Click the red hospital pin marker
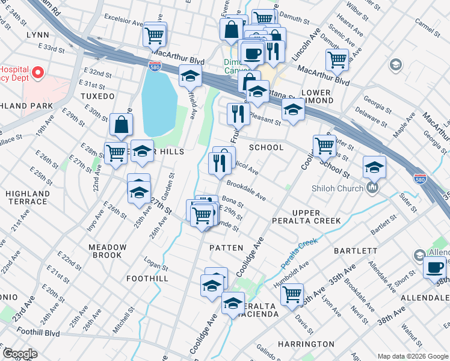[37, 73]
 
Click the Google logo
[20, 354]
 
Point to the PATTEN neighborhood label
[226, 248]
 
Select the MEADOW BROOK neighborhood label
[108, 251]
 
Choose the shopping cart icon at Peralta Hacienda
[292, 294]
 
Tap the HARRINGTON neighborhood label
[306, 344]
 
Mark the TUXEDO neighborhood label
[97, 96]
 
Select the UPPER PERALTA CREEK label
[316, 217]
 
